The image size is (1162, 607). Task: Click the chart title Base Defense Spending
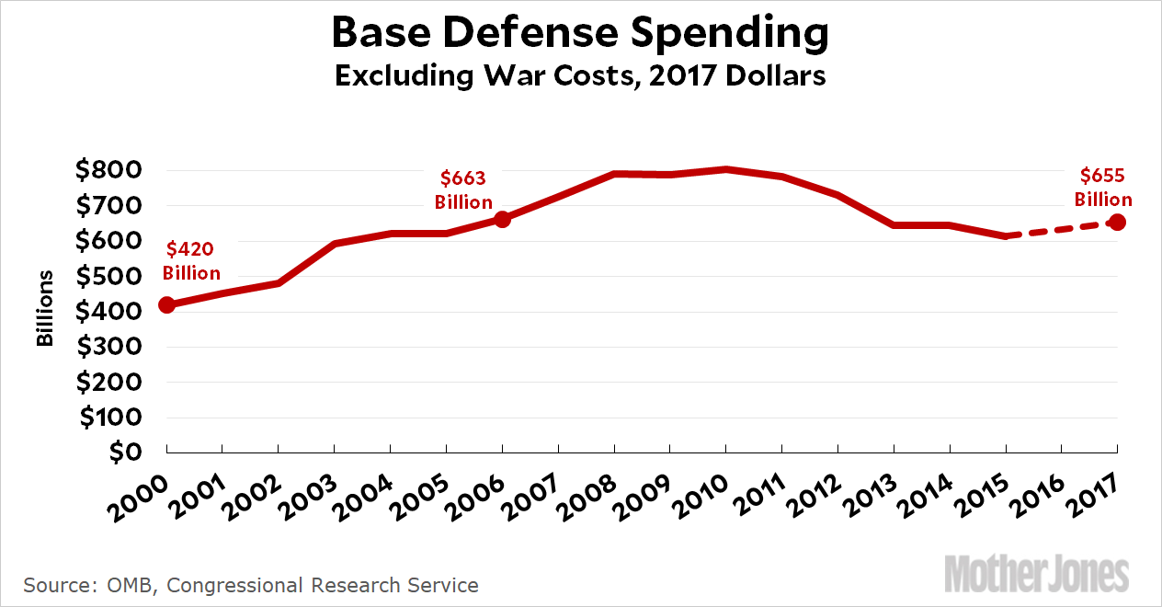[580, 33]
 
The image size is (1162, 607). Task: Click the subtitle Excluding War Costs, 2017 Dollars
[580, 75]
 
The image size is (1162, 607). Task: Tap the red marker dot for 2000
[166, 304]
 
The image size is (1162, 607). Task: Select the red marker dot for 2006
[502, 219]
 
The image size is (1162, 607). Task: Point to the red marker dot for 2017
[1118, 222]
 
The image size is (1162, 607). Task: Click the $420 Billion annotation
[191, 260]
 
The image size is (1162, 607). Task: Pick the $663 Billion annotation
[464, 189]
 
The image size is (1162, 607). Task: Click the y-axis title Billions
[44, 310]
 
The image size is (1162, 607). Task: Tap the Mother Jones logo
[1036, 575]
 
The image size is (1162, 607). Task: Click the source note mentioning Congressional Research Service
[251, 585]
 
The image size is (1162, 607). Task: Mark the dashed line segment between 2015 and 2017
[1062, 229]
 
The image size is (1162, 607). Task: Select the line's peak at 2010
[726, 169]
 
